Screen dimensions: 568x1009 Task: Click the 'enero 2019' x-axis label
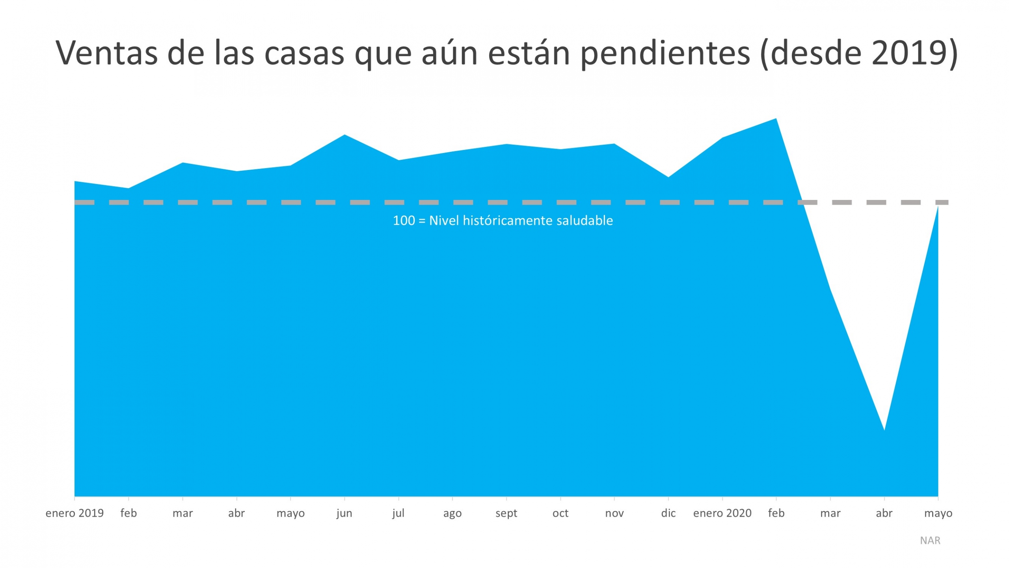pyautogui.click(x=74, y=513)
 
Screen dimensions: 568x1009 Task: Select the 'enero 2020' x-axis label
pyautogui.click(x=722, y=513)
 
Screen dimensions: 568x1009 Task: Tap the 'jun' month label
pyautogui.click(x=344, y=513)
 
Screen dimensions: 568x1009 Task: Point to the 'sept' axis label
pyautogui.click(x=506, y=513)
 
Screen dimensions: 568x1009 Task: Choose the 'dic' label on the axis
pyautogui.click(x=668, y=513)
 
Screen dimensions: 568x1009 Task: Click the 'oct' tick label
pyautogui.click(x=560, y=513)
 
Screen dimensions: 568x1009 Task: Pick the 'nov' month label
pyautogui.click(x=614, y=513)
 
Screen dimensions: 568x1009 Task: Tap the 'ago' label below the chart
pyautogui.click(x=452, y=513)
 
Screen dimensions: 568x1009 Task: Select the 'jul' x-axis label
pyautogui.click(x=398, y=513)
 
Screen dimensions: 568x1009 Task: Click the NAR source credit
pyautogui.click(x=930, y=540)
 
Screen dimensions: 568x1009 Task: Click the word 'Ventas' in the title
pyautogui.click(x=106, y=53)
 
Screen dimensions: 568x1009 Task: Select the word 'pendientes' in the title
pyautogui.click(x=665, y=53)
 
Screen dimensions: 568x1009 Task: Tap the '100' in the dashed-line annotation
pyautogui.click(x=404, y=220)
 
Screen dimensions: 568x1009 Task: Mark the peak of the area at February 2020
pyautogui.click(x=776, y=119)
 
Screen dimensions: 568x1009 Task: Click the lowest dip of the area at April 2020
pyautogui.click(x=884, y=429)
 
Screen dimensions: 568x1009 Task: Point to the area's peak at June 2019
pyautogui.click(x=344, y=135)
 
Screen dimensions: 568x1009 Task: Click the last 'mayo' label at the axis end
pyautogui.click(x=938, y=513)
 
